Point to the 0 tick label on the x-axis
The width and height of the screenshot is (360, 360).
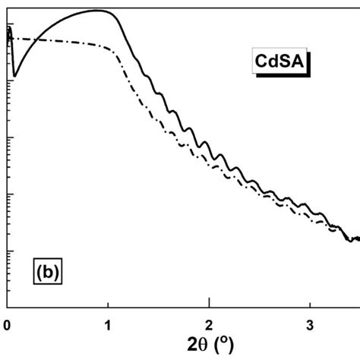(7, 324)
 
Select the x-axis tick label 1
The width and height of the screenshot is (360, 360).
(108, 324)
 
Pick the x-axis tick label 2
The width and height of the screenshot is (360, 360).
(209, 324)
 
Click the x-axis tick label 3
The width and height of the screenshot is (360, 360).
(310, 324)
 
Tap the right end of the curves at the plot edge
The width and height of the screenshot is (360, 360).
(357, 238)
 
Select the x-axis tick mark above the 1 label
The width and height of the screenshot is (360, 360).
(108, 304)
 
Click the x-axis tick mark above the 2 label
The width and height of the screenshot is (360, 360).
(209, 304)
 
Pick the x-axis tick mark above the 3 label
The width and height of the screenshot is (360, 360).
(310, 304)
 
